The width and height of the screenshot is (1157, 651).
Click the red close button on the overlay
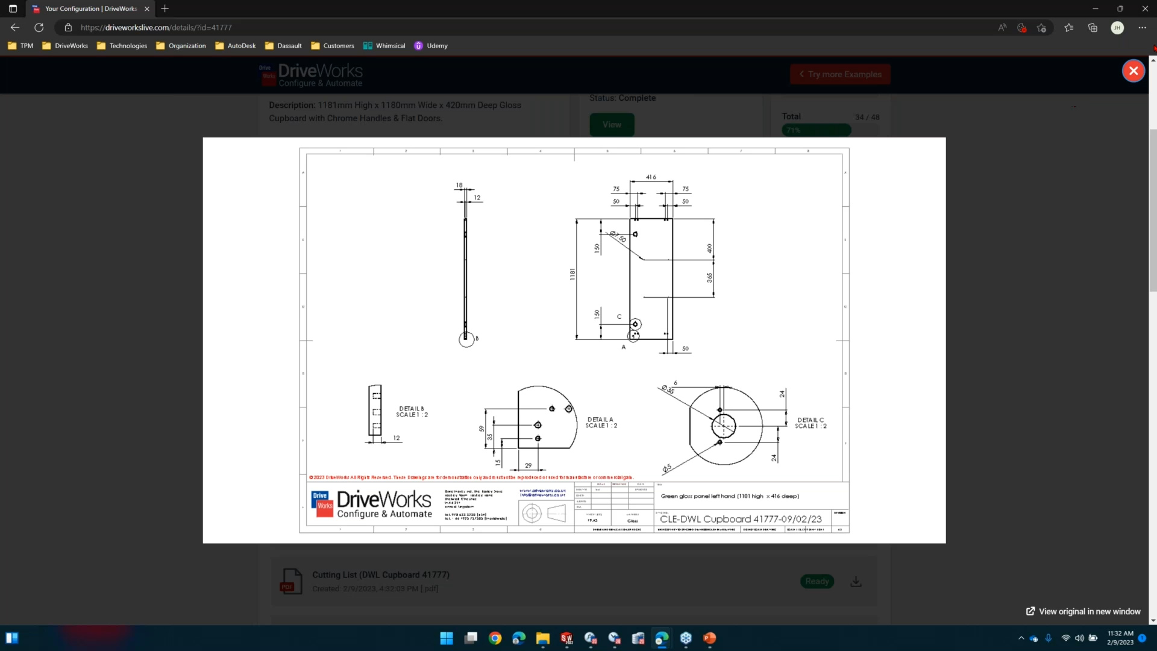(1133, 71)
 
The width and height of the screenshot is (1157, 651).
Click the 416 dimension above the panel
(651, 177)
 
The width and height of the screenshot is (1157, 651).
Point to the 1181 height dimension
(572, 274)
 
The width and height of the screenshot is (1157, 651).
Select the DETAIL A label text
(601, 423)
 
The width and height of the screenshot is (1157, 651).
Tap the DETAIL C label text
(811, 423)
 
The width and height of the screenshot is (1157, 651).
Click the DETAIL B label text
(412, 412)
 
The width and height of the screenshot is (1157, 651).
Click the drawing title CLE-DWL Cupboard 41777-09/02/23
(741, 519)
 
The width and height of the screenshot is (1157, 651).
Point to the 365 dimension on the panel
(709, 277)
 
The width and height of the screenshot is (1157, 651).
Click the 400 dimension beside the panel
(709, 248)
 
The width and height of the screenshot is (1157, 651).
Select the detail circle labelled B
(466, 339)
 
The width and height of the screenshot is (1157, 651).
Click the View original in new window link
(1083, 611)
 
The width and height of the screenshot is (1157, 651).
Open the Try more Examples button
(840, 74)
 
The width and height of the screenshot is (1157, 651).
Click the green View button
(612, 125)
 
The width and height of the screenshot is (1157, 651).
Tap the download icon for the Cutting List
(856, 582)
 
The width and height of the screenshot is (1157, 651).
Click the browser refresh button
(39, 28)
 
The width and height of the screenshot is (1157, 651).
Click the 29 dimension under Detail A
(528, 465)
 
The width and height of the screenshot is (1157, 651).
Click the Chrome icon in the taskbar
(495, 638)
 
